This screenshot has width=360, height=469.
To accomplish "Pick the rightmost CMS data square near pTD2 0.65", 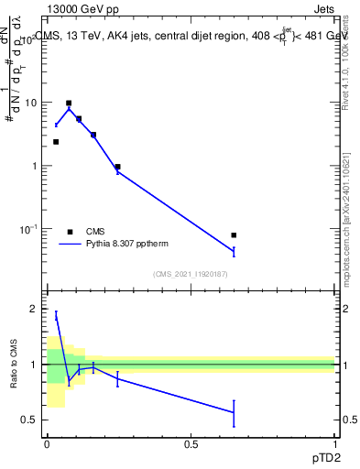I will [234, 235].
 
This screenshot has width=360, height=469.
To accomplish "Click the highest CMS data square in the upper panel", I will [69, 104].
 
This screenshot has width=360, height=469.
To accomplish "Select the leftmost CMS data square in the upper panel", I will [56, 142].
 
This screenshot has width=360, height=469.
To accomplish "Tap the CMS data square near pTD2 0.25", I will [118, 167].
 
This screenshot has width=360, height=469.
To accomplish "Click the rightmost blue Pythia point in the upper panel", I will [234, 251].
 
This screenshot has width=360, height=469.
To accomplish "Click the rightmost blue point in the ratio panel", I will [234, 412].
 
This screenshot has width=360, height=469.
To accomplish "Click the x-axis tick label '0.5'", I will [191, 442].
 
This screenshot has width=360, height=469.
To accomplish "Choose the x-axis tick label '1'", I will [335, 442].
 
